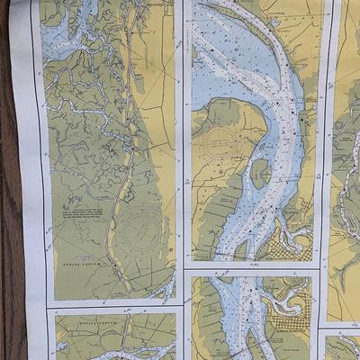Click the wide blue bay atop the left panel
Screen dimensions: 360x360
[x=63, y=36]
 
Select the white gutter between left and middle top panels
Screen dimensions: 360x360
[x=183, y=135]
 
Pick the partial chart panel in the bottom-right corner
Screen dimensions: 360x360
[x=342, y=346]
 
